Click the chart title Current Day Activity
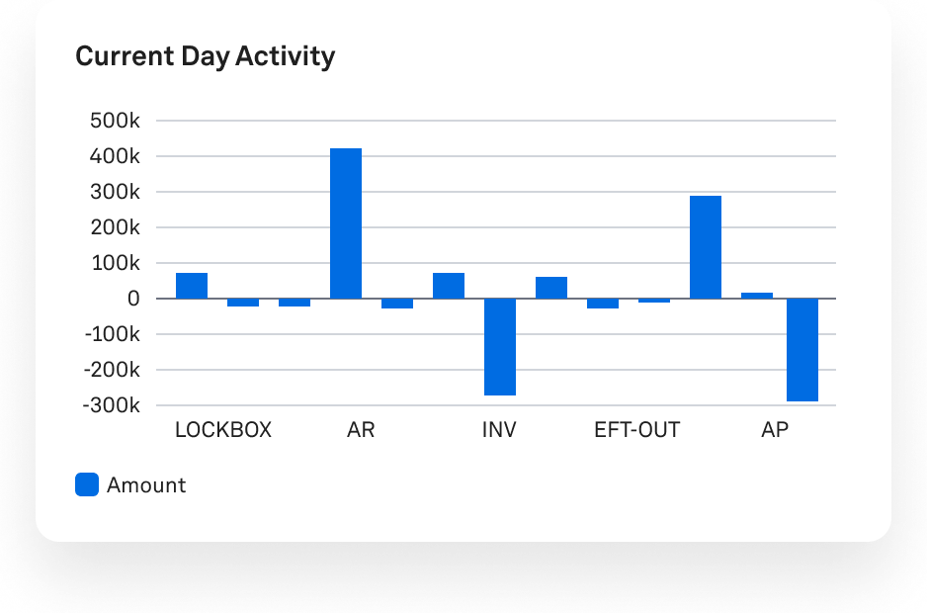pyautogui.click(x=205, y=56)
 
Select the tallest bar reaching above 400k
pyautogui.click(x=345, y=222)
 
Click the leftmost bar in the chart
pyautogui.click(x=192, y=285)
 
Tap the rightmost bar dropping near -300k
pyautogui.click(x=802, y=349)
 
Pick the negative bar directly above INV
pyautogui.click(x=499, y=346)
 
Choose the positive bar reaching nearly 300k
pyautogui.click(x=705, y=247)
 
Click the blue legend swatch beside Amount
pyautogui.click(x=87, y=484)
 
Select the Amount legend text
pyautogui.click(x=146, y=485)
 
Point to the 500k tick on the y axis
pyautogui.click(x=115, y=121)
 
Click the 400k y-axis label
pyautogui.click(x=115, y=156)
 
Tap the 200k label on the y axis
pyautogui.click(x=115, y=227)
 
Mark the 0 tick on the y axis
pyautogui.click(x=133, y=299)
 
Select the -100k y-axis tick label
pyautogui.click(x=112, y=334)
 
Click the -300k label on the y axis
pyautogui.click(x=112, y=405)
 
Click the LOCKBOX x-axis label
pyautogui.click(x=222, y=430)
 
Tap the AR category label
pyautogui.click(x=361, y=430)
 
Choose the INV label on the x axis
pyautogui.click(x=499, y=430)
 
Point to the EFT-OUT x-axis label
pyautogui.click(x=636, y=430)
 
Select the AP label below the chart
pyautogui.click(x=775, y=430)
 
